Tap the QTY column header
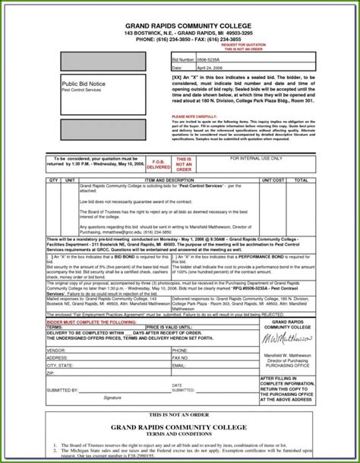tap(54, 180)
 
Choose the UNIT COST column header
tap(271, 180)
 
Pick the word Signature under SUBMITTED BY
tap(112, 397)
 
